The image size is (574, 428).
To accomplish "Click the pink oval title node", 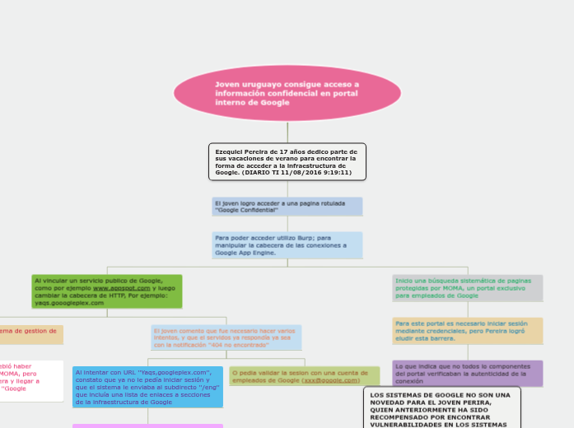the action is (x=287, y=94).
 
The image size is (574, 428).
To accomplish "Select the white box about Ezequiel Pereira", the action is (x=287, y=161).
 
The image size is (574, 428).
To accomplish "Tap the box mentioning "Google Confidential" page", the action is (x=287, y=206).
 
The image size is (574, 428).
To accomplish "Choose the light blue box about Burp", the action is (x=287, y=244).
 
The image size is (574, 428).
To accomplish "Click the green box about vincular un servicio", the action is (x=106, y=291).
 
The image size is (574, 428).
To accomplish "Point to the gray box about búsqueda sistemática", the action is (x=468, y=288).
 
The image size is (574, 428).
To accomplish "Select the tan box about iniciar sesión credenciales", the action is (x=468, y=331).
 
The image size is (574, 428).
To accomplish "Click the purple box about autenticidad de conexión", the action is (x=468, y=373).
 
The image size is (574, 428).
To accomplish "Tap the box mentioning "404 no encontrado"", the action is (x=226, y=337).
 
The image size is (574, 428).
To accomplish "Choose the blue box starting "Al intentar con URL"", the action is (x=147, y=387).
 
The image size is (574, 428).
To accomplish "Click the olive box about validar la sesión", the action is (x=305, y=376).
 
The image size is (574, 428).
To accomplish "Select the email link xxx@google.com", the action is (x=331, y=380).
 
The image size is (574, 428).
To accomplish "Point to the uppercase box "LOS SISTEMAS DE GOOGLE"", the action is (x=441, y=408).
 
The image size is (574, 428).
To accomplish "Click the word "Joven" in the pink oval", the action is (x=227, y=84).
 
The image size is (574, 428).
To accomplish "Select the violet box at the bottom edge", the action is (x=147, y=425).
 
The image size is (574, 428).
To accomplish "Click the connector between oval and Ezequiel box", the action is (x=287, y=132).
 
